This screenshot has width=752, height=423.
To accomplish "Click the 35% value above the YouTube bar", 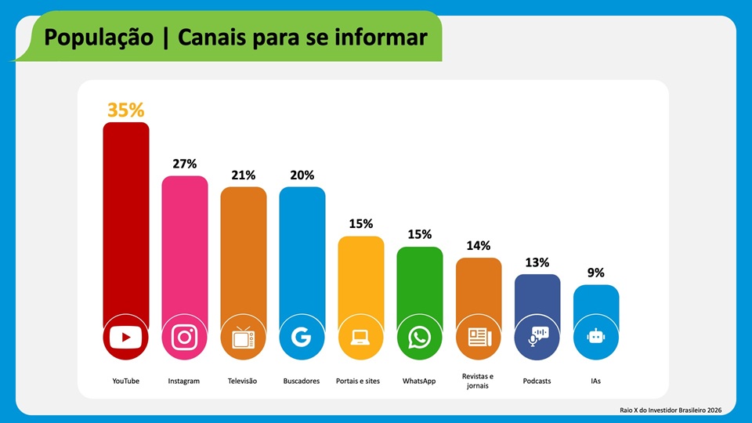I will (125, 110).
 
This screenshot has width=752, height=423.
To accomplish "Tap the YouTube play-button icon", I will (125, 338).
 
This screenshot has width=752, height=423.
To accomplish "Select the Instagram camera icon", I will (185, 338).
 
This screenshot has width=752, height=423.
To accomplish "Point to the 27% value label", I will (185, 164).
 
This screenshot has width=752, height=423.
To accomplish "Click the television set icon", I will (244, 338).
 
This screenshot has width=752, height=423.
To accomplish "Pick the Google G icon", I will (302, 338).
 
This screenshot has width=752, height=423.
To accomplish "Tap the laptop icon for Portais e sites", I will (360, 338).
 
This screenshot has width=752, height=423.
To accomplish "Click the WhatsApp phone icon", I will (419, 338).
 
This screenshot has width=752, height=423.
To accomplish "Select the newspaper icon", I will (479, 338).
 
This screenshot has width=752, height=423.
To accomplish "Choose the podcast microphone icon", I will (537, 338).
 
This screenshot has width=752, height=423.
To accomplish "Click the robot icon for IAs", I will (596, 338).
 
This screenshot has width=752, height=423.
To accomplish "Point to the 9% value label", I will (596, 273).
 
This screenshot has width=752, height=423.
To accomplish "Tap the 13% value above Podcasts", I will (537, 262).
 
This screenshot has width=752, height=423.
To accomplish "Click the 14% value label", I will (479, 246).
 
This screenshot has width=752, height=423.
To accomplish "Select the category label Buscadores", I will (302, 381).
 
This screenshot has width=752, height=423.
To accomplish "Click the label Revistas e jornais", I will (478, 381).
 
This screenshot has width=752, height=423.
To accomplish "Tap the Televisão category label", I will (244, 381).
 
